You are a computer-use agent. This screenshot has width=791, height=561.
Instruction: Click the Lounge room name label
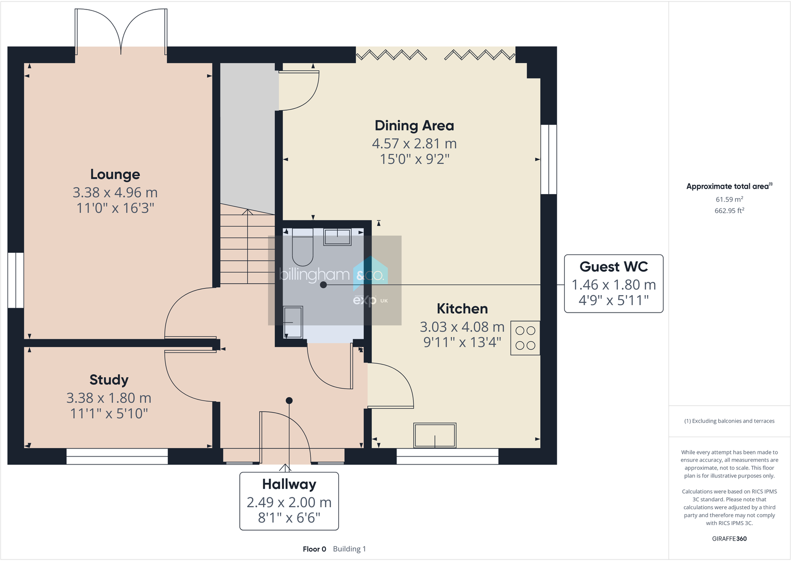pos(115,174)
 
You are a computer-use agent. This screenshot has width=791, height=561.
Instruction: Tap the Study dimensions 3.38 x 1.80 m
pos(108,398)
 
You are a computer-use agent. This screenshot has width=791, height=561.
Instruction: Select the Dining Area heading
pos(414,125)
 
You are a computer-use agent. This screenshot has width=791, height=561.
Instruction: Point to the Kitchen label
pos(462,309)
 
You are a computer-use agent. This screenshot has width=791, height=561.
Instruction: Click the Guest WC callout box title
pos(613,267)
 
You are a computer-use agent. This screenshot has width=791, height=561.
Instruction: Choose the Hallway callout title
pos(289,484)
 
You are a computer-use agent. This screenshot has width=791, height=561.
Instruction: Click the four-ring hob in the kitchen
pos(525,338)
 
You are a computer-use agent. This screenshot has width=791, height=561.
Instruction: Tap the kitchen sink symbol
pos(435,436)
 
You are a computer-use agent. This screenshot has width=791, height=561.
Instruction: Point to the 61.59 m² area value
pos(729,199)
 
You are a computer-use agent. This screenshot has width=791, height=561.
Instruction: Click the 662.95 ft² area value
pos(729,211)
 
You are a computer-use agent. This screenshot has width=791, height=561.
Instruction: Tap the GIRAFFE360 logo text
pos(729,539)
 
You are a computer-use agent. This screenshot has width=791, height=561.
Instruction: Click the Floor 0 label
pos(314,549)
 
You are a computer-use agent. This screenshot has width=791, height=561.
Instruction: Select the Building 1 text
pos(349,549)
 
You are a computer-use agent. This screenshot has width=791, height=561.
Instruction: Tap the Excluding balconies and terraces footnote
pos(729,421)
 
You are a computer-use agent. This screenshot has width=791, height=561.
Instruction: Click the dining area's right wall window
pos(549,159)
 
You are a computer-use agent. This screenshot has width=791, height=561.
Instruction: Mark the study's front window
pos(117,456)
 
